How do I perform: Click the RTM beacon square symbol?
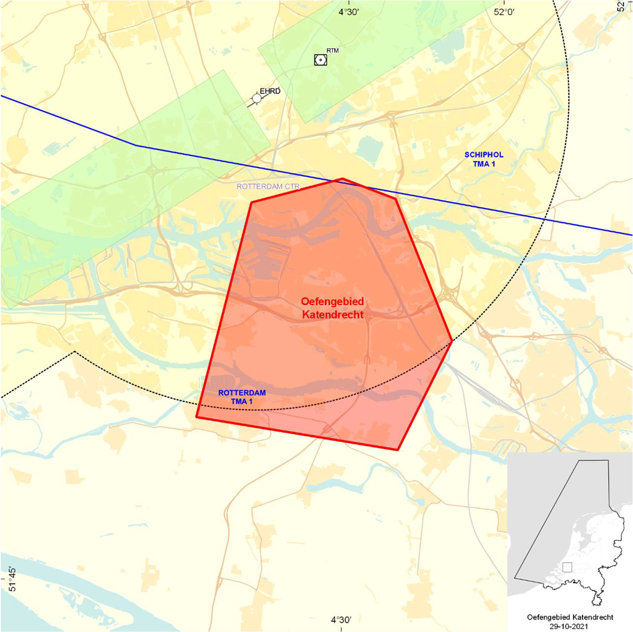tap(320, 60)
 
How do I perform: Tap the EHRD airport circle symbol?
tap(257, 98)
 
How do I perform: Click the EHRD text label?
tap(270, 91)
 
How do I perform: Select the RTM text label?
tap(332, 50)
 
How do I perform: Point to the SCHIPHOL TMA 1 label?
tap(484, 159)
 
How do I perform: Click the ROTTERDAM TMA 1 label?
tap(242, 397)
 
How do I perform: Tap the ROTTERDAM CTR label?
tap(268, 186)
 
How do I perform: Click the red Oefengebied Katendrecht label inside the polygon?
tap(332, 308)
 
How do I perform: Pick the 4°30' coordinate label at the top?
tap(348, 12)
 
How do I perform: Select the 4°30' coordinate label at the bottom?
tap(341, 620)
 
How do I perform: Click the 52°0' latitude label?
tap(504, 12)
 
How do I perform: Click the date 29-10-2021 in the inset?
tap(569, 626)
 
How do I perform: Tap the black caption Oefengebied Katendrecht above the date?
tap(570, 617)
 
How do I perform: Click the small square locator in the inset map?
tap(567, 567)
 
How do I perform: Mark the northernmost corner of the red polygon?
tap(342, 179)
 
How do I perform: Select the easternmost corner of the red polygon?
tap(452, 341)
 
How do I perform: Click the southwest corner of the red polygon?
tap(197, 417)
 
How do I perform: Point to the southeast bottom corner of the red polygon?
tap(398, 450)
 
